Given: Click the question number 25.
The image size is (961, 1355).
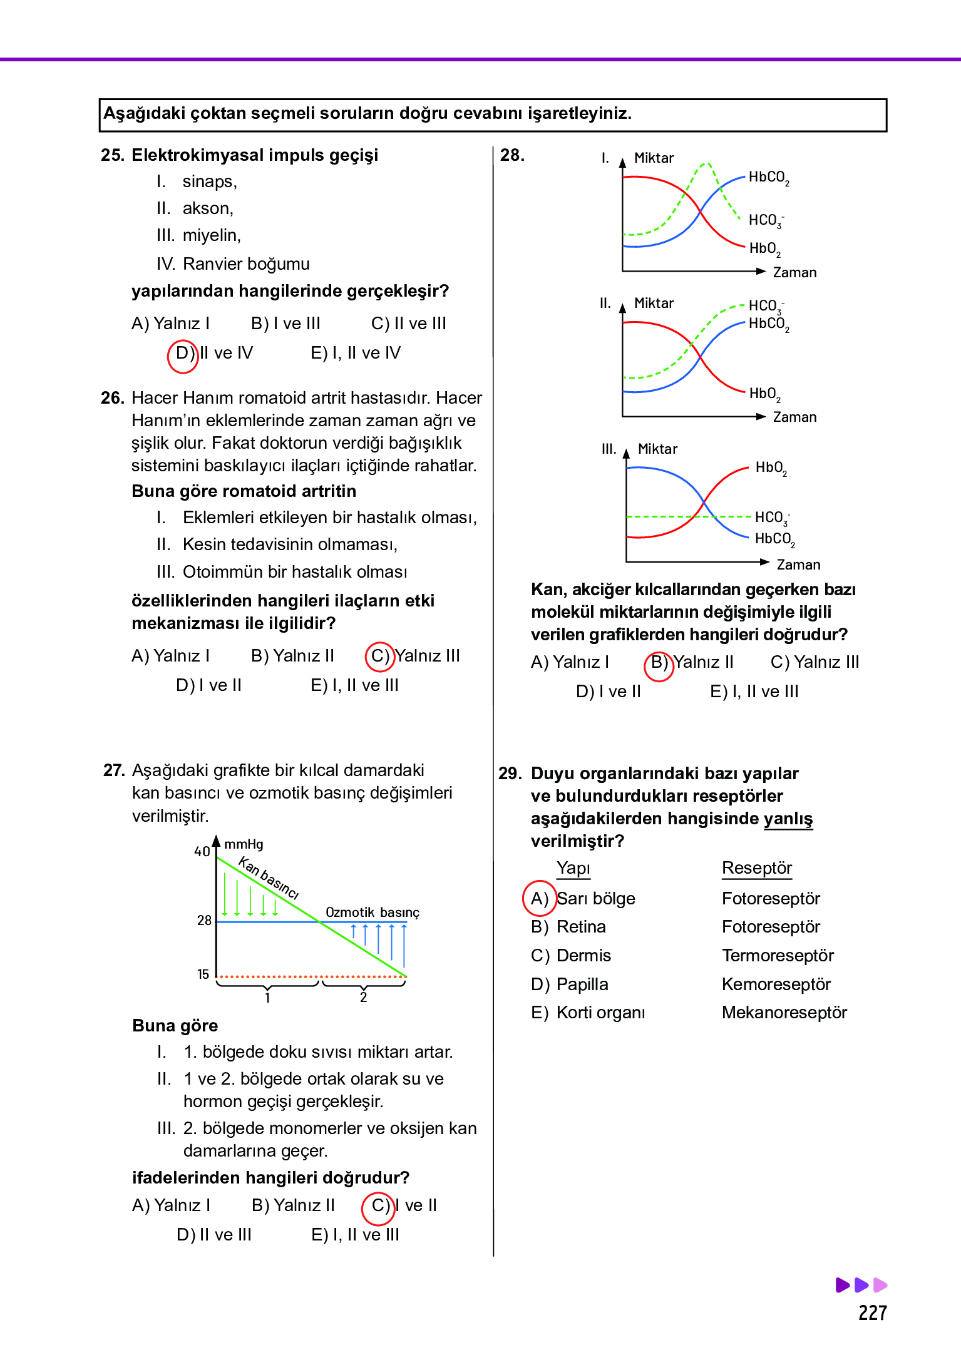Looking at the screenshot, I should [113, 155].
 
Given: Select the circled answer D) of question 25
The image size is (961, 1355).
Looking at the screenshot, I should [183, 354].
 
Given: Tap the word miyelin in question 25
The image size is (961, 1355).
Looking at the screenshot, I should [211, 235].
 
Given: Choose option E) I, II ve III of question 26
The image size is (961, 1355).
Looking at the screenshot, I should [354, 685].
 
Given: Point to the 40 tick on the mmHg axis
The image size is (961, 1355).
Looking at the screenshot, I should [202, 852].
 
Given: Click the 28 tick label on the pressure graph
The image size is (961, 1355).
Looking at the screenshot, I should [204, 921].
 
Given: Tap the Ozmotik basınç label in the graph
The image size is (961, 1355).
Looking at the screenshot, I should [372, 913].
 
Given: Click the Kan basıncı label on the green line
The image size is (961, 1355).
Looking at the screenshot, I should [269, 877].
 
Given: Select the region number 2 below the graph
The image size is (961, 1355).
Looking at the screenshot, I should [363, 998].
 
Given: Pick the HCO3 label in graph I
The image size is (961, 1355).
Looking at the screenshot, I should [766, 220].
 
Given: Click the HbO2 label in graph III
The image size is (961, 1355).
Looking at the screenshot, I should [770, 468].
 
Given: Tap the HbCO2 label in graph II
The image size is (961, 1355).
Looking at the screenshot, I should [768, 324].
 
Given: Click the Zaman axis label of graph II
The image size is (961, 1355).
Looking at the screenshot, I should [794, 417].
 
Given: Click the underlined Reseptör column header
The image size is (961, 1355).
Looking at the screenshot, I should [756, 868].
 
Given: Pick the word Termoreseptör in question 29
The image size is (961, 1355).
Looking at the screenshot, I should [778, 956].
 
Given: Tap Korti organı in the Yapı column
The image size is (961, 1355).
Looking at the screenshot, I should [600, 1013].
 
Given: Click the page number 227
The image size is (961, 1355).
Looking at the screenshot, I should [872, 1313].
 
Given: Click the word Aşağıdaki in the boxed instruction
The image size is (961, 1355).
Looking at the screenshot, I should [144, 113].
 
